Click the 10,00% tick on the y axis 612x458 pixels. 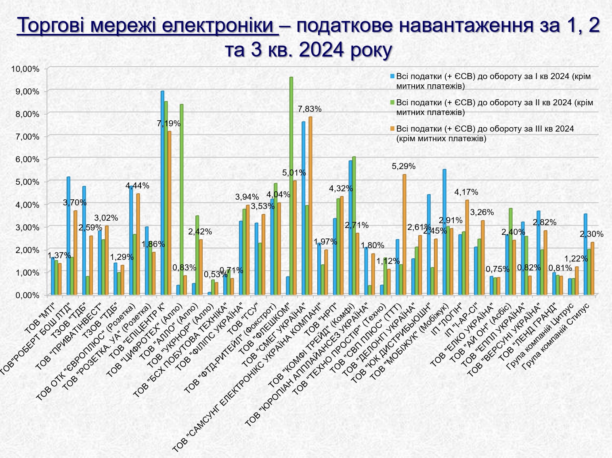click(25, 69)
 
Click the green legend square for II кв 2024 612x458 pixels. click(392, 102)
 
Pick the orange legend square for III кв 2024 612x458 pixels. click(392, 129)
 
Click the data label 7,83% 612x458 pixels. click(310, 109)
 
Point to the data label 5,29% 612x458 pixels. click(403, 166)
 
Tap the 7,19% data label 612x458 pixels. click(169, 123)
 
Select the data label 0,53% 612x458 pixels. click(215, 275)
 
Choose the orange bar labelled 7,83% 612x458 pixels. click(310, 206)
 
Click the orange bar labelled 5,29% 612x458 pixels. click(404, 234)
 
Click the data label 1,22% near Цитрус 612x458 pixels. click(576, 259)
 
